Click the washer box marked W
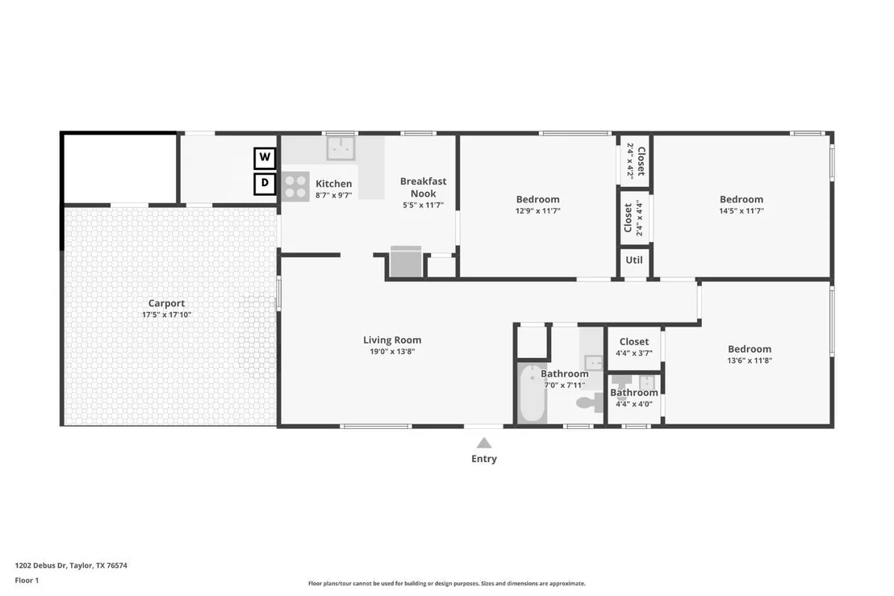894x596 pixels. pos(265,157)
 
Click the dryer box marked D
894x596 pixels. pos(265,183)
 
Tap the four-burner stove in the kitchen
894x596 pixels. pos(295,186)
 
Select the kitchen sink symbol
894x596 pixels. pos(341,148)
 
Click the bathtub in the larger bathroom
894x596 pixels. pos(533,394)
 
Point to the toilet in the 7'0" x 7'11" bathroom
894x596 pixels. pos(590,402)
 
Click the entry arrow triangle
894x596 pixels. pos(484,444)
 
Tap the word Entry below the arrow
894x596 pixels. pos(484,459)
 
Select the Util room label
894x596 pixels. pos(634,260)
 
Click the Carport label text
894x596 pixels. pos(166,303)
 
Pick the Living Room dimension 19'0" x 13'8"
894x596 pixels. pos(392,352)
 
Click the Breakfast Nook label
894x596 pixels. pos(423,187)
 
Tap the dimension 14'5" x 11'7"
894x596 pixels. pos(742,210)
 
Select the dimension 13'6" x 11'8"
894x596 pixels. pos(750,361)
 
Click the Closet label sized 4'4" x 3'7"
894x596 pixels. pos(634,342)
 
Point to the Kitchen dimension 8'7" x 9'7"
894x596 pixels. pos(333,195)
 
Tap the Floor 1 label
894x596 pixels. pos(27,581)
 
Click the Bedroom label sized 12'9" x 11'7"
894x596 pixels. pos(537,199)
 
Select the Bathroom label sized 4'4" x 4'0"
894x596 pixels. pos(634,393)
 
